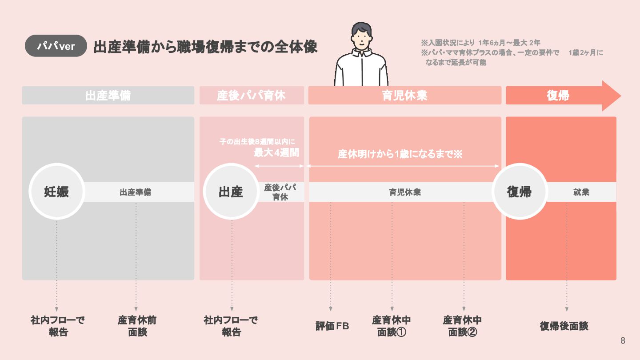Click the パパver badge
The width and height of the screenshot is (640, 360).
(x=56, y=46)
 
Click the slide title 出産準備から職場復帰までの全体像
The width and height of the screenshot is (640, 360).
(x=205, y=47)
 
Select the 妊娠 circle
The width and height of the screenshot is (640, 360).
(x=56, y=192)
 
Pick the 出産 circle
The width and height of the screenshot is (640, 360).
(x=231, y=192)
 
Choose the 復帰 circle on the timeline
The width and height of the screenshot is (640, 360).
(x=519, y=192)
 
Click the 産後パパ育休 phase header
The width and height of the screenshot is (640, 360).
(x=252, y=96)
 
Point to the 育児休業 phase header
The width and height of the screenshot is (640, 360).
(x=404, y=96)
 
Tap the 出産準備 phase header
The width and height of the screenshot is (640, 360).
(x=108, y=96)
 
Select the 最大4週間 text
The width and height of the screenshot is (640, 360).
(x=276, y=153)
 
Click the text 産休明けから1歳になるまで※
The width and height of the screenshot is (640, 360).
(x=400, y=155)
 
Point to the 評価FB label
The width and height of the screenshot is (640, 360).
(x=332, y=326)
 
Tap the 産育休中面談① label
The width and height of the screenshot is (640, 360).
(x=392, y=326)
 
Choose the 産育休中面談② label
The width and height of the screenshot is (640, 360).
(x=463, y=326)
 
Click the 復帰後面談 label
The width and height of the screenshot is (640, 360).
(x=564, y=326)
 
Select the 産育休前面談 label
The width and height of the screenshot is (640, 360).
(x=137, y=326)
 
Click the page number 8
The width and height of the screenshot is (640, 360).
(x=623, y=341)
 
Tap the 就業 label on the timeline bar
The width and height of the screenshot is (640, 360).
(x=581, y=192)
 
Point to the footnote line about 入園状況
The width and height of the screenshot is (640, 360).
(x=480, y=43)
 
